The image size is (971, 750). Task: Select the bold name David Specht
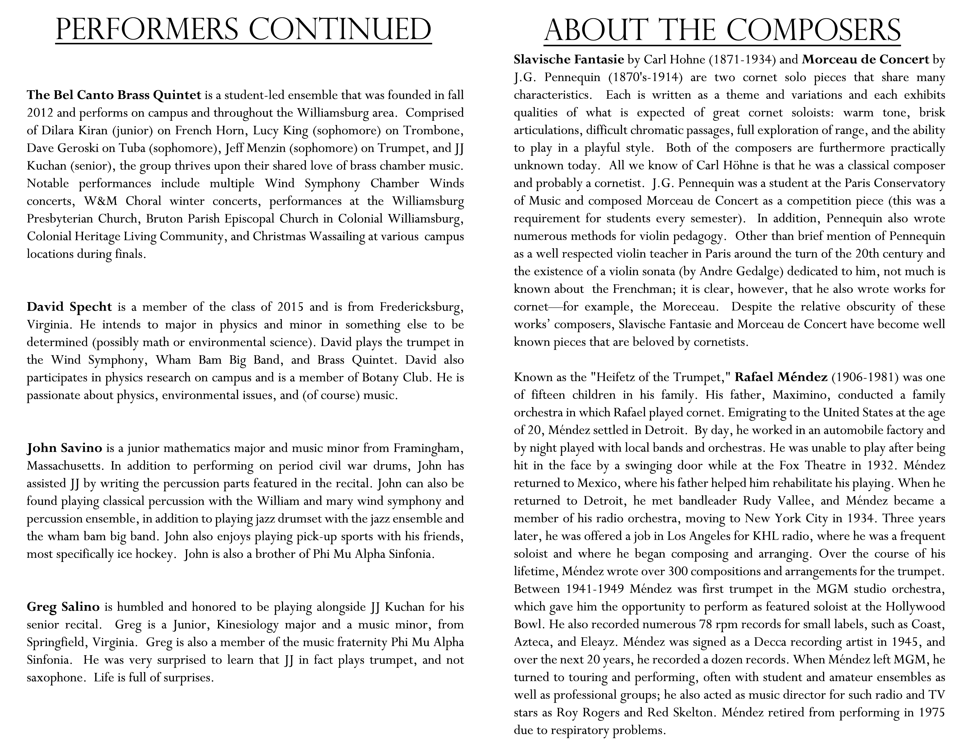69,307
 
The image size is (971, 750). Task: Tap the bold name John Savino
64,448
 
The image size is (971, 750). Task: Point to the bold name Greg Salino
63,607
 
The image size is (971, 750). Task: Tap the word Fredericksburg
421,307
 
